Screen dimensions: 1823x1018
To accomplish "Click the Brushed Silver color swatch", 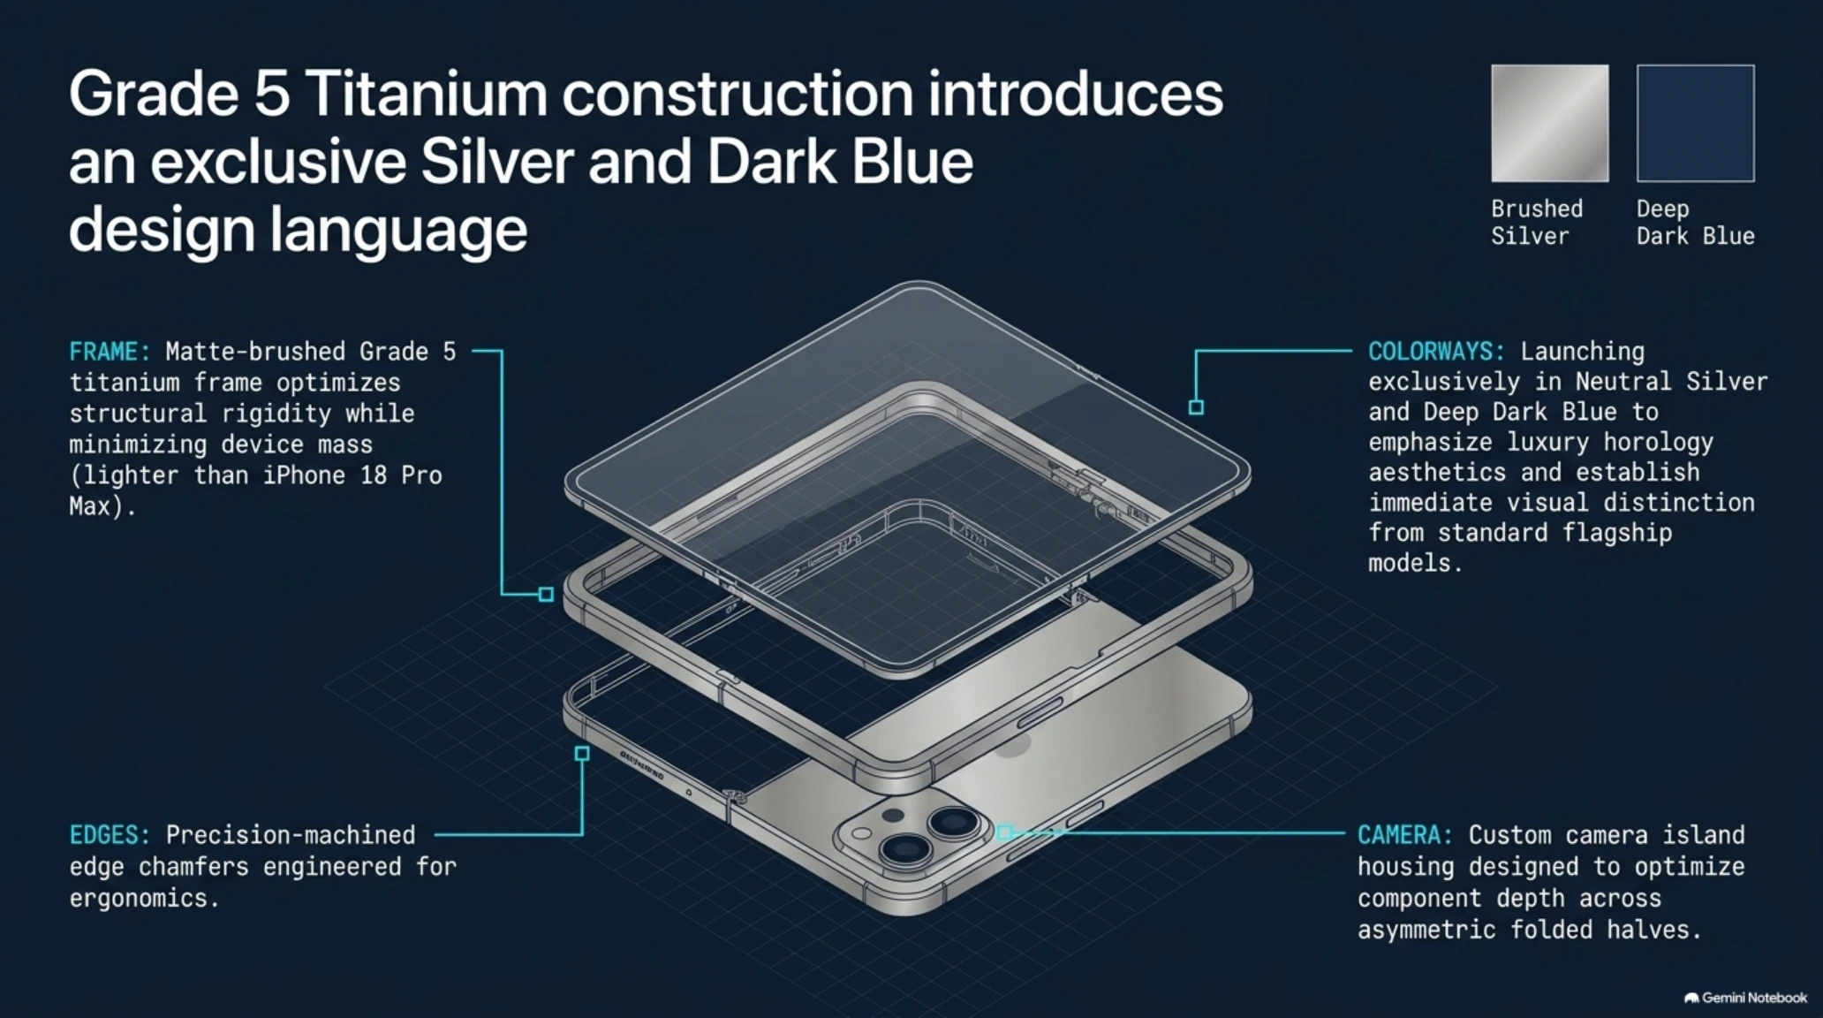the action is (x=1549, y=123).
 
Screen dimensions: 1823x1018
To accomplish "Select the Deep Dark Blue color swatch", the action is (x=1695, y=123).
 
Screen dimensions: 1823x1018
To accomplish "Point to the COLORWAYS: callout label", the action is (x=1436, y=352).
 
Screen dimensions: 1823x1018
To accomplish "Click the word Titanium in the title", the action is (x=427, y=94).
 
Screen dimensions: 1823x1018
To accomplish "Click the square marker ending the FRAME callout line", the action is (x=546, y=595).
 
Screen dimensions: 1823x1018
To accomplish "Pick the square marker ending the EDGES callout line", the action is (x=582, y=754).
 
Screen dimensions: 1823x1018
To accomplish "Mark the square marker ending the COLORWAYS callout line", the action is (x=1196, y=407).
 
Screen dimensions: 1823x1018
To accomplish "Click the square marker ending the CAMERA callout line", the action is (x=1004, y=832).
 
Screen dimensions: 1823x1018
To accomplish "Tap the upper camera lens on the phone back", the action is (x=954, y=824).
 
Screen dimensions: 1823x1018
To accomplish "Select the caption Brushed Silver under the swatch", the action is (x=1537, y=223).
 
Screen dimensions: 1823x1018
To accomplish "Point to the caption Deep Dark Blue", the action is (x=1695, y=223).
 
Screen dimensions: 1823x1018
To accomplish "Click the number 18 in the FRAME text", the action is (x=373, y=475).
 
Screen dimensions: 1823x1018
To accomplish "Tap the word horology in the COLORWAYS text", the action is (x=1658, y=442).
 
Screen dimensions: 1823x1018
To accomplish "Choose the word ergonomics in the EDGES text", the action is (x=138, y=899).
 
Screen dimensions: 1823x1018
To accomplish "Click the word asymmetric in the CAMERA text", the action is (x=1426, y=930).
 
